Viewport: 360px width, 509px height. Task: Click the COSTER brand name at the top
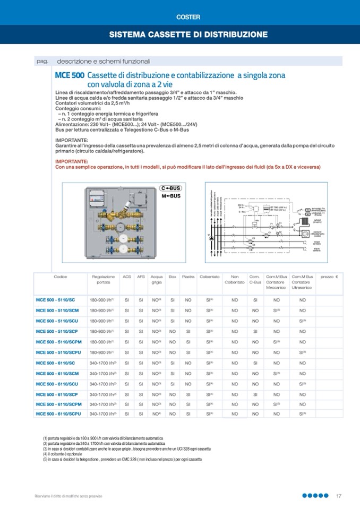point(188,17)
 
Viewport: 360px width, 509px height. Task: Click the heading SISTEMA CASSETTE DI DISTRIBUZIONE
point(188,34)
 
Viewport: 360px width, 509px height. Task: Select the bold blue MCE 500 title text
point(69,76)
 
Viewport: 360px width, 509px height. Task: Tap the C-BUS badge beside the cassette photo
point(170,188)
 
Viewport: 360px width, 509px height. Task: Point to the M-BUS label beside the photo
point(170,196)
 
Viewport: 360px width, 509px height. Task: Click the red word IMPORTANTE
point(72,161)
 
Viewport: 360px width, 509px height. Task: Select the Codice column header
point(61,277)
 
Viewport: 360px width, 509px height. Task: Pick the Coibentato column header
point(210,277)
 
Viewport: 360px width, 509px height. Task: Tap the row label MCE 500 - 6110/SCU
point(57,384)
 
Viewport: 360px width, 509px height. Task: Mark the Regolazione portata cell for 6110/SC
point(103,363)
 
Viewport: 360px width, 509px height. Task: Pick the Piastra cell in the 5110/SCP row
point(188,331)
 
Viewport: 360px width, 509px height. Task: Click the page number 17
point(338,496)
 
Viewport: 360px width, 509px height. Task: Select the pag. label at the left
point(42,61)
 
